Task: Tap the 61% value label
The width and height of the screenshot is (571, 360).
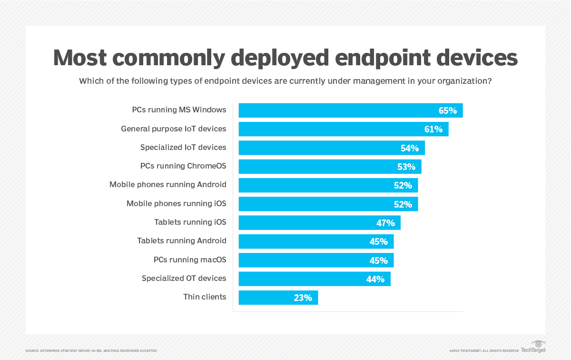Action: tap(433, 129)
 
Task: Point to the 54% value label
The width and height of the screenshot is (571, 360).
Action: tap(409, 148)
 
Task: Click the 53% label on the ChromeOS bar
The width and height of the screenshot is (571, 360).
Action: tap(406, 167)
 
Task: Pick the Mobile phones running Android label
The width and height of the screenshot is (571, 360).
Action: tap(167, 184)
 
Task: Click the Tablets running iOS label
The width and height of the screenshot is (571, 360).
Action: tap(190, 222)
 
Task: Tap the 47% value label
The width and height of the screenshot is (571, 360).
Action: tap(385, 223)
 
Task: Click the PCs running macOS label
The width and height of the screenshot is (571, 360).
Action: tap(189, 260)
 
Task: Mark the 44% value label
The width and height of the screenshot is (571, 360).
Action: tap(375, 279)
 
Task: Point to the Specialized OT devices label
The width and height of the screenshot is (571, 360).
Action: tap(184, 278)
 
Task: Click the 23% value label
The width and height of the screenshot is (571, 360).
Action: tap(303, 298)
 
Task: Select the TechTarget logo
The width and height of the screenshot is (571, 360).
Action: tap(533, 347)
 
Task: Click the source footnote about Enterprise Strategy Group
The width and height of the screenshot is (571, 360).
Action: tap(91, 351)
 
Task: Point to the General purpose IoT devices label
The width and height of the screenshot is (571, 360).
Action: tap(173, 129)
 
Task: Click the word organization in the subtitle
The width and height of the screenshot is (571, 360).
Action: tap(460, 81)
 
